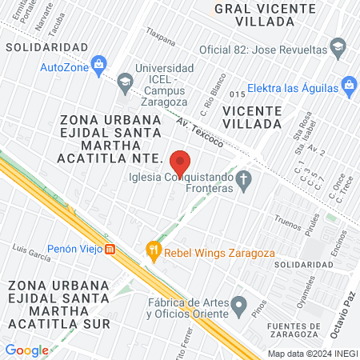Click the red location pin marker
[180, 162]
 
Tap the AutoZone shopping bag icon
[99, 62]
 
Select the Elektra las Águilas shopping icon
[348, 85]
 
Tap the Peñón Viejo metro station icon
[111, 248]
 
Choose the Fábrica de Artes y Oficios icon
[238, 304]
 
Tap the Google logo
[26, 350]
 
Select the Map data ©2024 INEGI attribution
[311, 353]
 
